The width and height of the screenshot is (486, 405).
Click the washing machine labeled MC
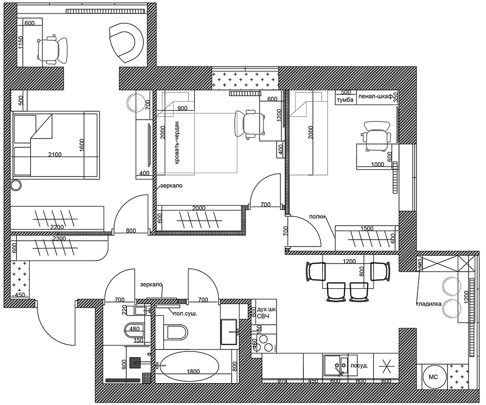[433, 377]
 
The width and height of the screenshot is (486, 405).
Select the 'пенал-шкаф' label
[375, 96]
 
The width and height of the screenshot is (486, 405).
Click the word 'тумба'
[345, 100]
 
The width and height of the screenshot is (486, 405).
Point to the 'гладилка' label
[429, 304]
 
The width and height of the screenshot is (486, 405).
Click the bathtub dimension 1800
[193, 371]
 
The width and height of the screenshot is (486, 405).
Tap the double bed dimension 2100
[55, 154]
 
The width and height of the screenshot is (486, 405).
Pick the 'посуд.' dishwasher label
[359, 366]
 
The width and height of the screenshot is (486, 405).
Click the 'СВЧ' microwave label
[263, 317]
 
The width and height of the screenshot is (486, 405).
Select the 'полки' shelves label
[317, 216]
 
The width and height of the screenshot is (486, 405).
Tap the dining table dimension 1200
[349, 262]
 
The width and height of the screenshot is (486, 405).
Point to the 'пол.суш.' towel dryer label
[185, 314]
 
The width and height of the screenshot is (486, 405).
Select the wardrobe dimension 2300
[59, 238]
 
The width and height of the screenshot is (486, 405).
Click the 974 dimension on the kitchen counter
[282, 381]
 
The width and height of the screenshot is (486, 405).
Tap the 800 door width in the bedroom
[131, 231]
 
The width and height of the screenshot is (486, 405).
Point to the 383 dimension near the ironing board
[420, 264]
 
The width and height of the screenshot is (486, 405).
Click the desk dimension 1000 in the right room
[378, 165]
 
